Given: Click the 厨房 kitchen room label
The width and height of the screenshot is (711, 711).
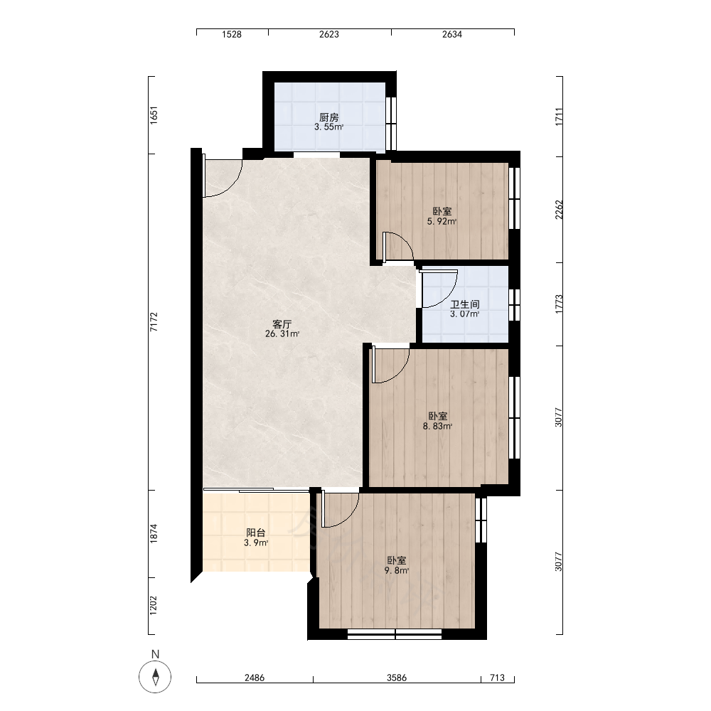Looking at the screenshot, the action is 329,118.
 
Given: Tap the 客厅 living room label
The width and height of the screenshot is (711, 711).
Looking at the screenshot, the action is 282,324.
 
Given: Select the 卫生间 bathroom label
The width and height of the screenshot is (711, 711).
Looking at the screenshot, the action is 465,304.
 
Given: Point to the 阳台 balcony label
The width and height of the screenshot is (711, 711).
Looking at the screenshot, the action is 256,533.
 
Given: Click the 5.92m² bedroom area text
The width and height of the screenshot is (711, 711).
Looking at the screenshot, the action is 442,222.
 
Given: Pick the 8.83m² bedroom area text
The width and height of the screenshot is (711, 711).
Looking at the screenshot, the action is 437,426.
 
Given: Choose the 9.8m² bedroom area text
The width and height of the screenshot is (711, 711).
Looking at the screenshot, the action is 397,570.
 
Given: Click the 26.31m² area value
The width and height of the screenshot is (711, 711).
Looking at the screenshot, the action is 282,334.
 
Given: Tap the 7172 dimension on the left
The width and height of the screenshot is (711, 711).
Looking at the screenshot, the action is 154,321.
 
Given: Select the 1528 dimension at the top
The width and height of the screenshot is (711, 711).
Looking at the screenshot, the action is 232,34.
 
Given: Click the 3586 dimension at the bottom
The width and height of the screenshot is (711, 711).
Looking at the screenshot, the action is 397,678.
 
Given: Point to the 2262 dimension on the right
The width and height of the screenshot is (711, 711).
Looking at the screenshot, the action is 559,210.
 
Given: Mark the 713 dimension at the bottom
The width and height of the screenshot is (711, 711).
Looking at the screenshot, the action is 498,678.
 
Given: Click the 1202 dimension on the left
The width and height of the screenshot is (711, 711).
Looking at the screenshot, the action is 154,605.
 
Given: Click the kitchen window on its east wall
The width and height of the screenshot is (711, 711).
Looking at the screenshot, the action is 391,123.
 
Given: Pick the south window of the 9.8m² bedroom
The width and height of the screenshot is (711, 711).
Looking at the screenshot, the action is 395,634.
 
